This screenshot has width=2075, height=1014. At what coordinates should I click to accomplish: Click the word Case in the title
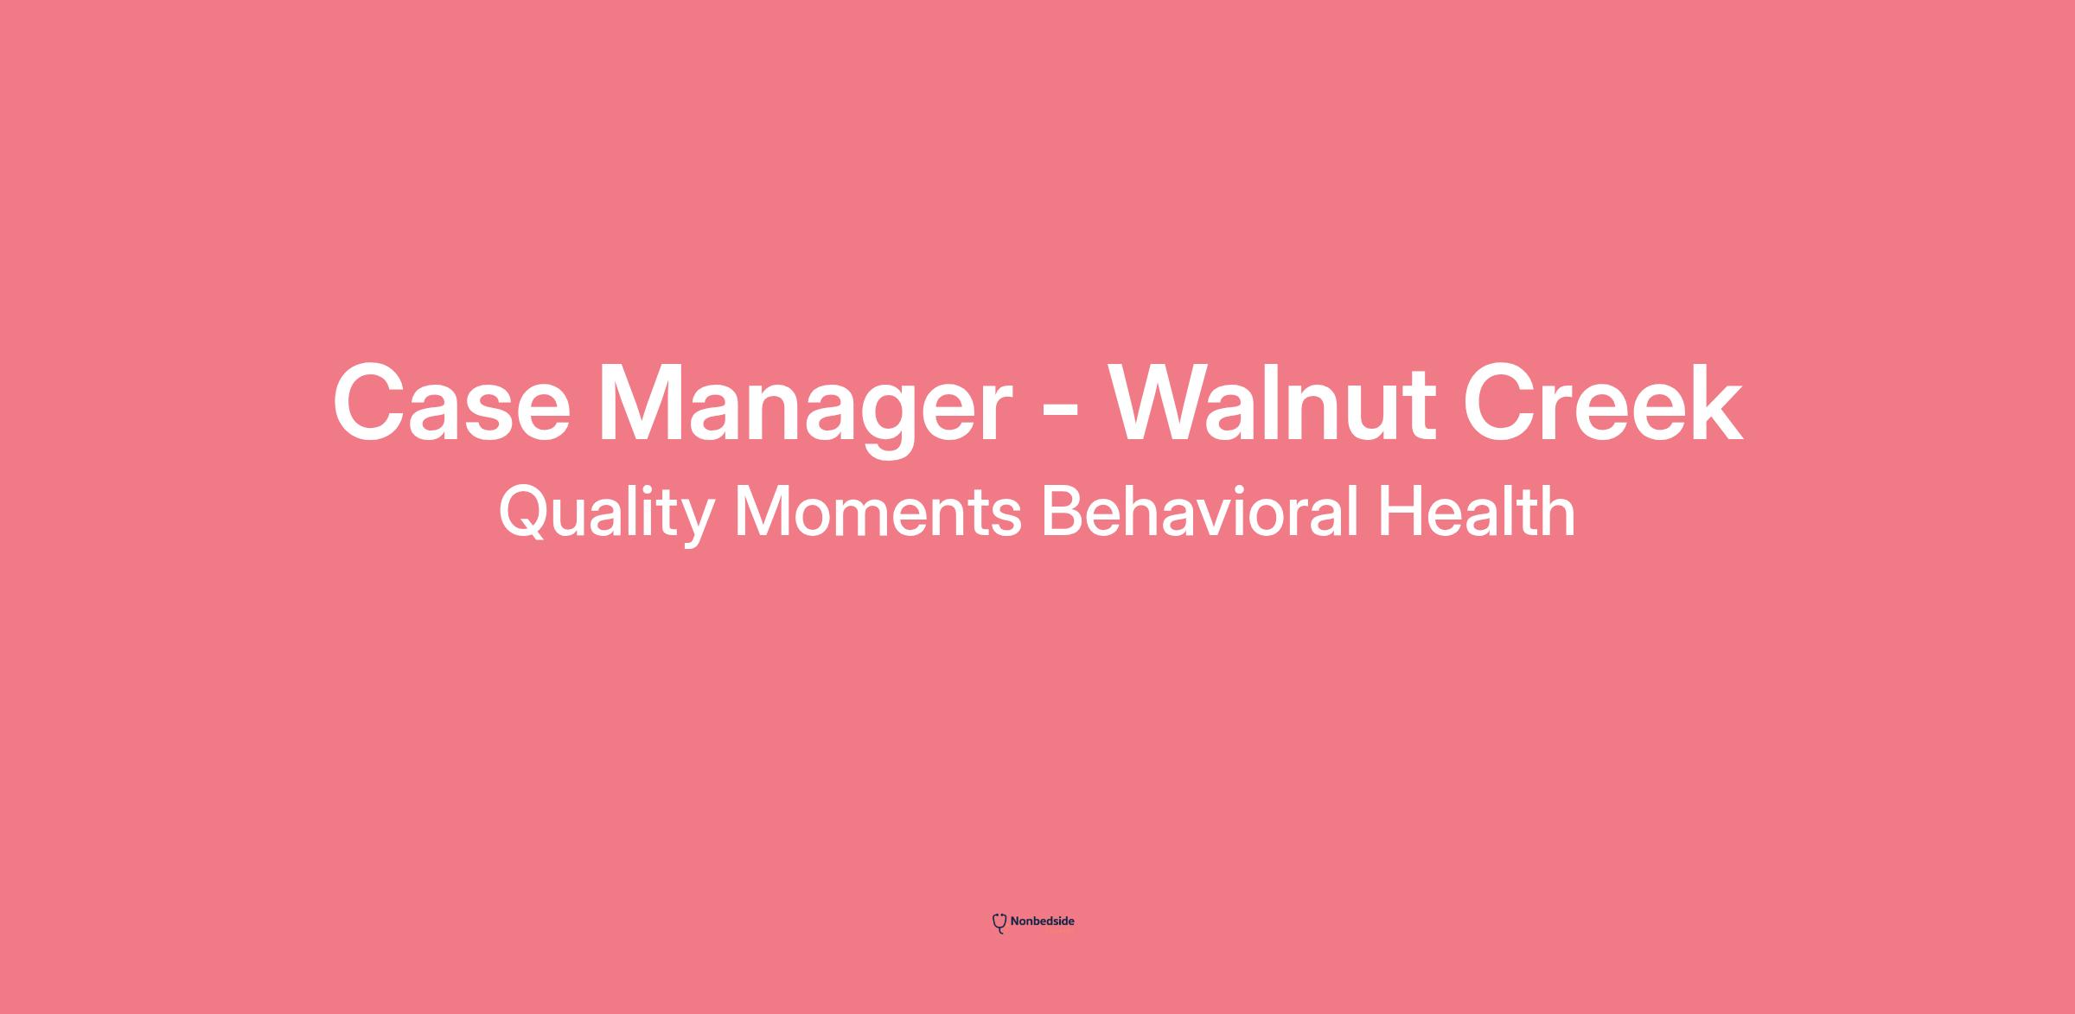[x=451, y=403]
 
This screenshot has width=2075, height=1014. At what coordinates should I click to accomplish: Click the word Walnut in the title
[x=1272, y=403]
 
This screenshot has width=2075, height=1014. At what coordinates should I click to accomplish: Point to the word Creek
[x=1602, y=403]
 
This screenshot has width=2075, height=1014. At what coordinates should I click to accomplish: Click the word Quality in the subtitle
[x=606, y=513]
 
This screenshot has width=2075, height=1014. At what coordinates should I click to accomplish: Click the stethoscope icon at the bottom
[x=999, y=923]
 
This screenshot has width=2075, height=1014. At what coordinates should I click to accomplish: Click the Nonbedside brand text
[x=1042, y=922]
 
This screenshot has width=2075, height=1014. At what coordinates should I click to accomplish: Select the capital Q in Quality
[x=526, y=513]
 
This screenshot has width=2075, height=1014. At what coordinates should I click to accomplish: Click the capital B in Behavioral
[x=1063, y=512]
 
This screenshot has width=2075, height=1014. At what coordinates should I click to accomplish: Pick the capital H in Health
[x=1399, y=512]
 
